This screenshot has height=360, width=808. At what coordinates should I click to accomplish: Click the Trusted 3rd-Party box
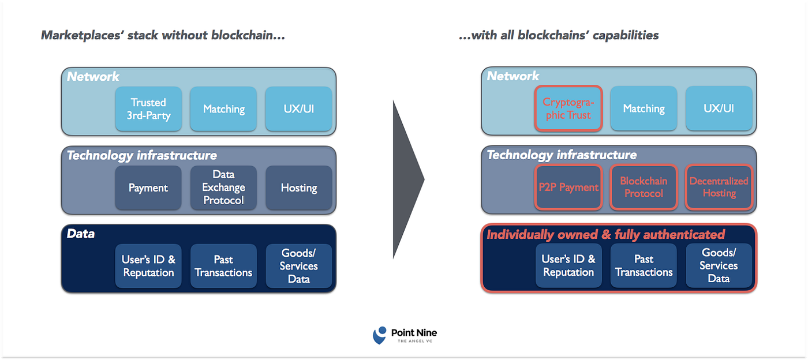tap(148, 108)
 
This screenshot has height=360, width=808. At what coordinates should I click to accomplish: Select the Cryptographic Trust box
tap(568, 108)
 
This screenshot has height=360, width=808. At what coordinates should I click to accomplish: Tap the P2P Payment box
tap(568, 187)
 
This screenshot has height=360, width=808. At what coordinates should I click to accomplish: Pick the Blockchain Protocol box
tap(644, 187)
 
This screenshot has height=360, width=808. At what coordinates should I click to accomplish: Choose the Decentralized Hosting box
tap(719, 187)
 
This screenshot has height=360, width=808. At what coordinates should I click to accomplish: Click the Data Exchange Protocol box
tap(223, 187)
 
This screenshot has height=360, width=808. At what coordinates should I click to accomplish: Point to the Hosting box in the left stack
tap(298, 187)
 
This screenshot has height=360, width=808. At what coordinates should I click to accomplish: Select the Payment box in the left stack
tap(148, 187)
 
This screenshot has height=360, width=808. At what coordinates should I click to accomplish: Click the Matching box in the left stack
tap(223, 108)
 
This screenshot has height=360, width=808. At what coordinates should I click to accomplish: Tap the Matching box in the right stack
tap(644, 108)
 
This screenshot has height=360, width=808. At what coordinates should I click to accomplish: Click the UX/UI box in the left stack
tap(298, 108)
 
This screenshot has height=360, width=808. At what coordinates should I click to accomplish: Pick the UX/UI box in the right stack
tap(719, 108)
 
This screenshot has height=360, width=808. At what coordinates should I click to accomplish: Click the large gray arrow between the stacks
tap(407, 179)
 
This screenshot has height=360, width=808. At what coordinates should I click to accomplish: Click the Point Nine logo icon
tap(380, 335)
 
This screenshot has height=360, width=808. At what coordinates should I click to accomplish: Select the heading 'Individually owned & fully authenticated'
tap(605, 234)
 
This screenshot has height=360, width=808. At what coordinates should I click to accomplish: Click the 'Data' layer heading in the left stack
tap(81, 234)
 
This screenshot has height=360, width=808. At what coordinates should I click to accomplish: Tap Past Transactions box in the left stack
tap(223, 266)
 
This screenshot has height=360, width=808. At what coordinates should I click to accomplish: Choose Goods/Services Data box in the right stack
tap(719, 266)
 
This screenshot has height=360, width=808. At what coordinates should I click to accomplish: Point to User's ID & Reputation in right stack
tap(568, 266)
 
